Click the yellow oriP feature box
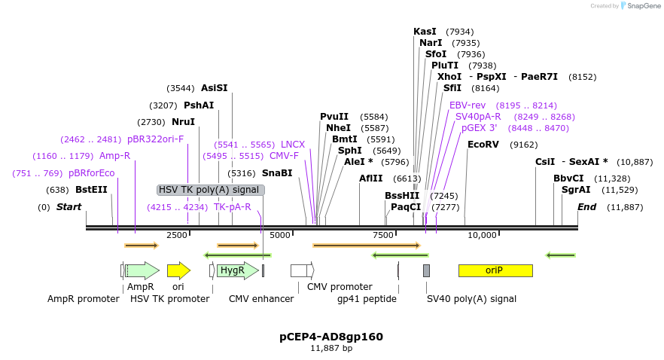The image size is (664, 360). coord(495,270)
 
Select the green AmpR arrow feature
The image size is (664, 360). coord(142,270)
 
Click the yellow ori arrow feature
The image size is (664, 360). coord(178,270)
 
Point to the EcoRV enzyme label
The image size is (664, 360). coord(483,145)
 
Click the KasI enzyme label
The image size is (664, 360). coord(425,32)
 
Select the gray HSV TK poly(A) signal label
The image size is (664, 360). coord(210,190)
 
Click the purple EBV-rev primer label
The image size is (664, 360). coord(468,105)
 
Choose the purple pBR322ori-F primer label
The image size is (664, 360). coord(155,139)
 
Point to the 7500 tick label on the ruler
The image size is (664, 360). coord(383,235)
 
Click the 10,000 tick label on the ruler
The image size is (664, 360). coord(482,235)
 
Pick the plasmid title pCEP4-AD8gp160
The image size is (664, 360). coord(331,337)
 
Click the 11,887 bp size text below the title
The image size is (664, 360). coord(331,349)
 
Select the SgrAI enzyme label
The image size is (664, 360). coord(576,190)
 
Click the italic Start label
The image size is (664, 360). coord(69,207)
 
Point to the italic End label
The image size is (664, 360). coord(587,207)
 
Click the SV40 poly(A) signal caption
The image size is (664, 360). coord(471,298)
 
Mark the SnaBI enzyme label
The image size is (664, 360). coord(277,173)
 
